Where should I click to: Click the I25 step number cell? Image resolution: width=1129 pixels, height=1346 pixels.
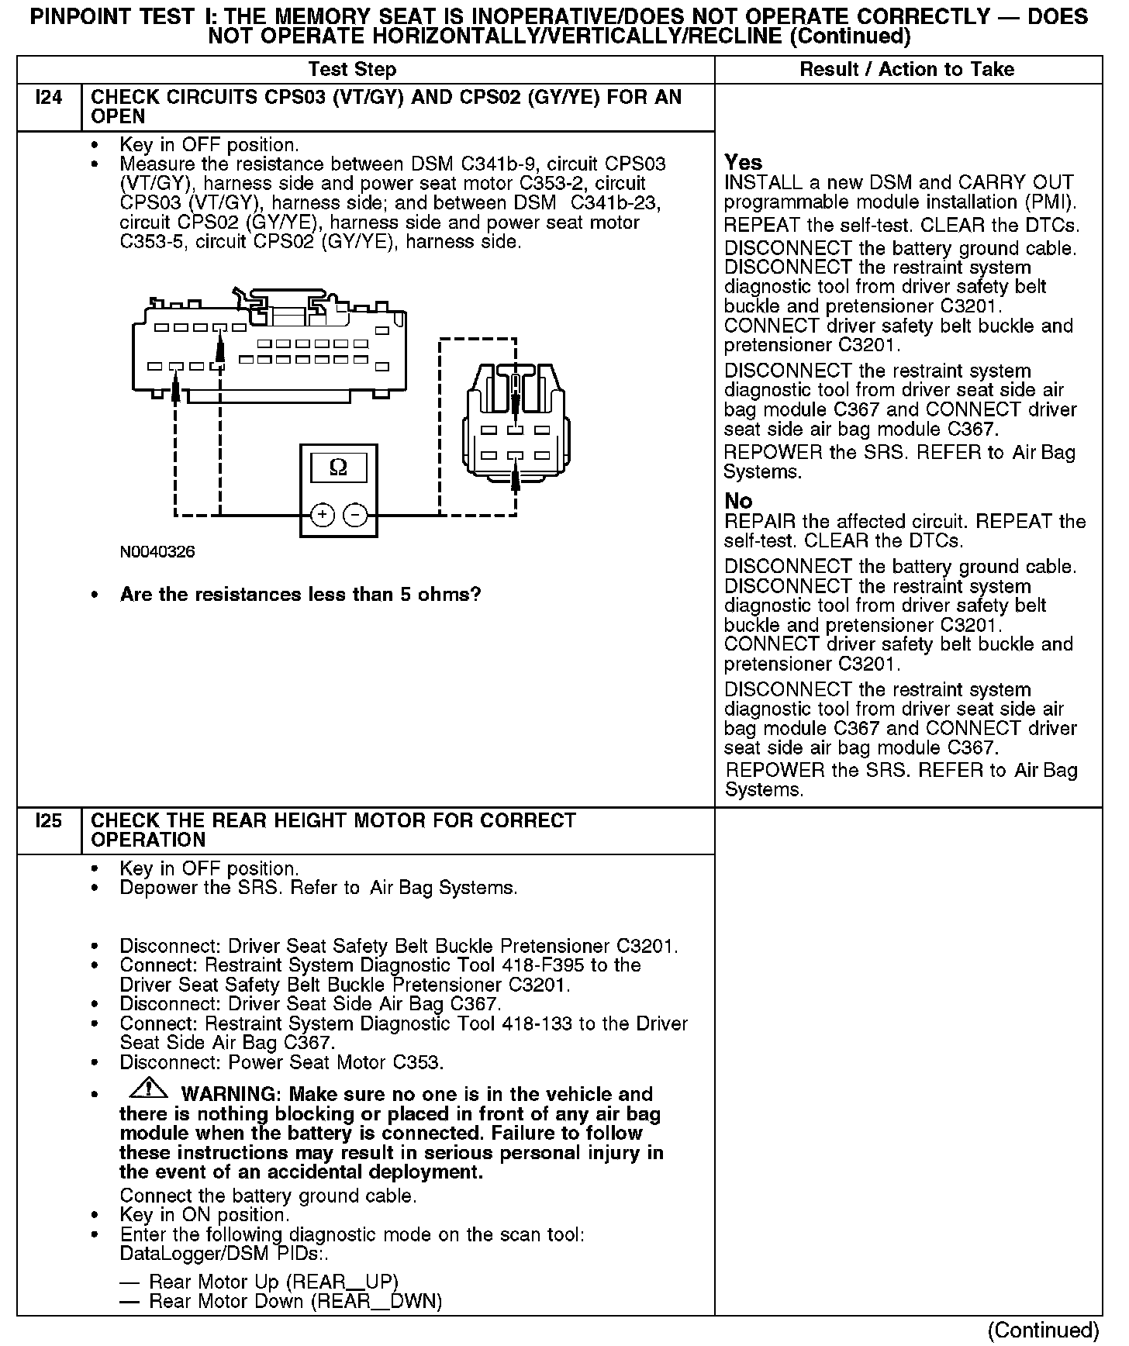(x=48, y=821)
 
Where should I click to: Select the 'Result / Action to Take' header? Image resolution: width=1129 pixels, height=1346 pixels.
(x=906, y=69)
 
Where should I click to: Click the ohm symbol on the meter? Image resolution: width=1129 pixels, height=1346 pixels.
(x=338, y=468)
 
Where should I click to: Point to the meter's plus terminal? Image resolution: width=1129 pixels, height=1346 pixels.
(x=323, y=515)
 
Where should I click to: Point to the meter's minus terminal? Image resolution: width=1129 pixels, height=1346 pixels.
(x=355, y=515)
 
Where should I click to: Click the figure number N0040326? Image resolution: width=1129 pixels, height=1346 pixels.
(x=157, y=552)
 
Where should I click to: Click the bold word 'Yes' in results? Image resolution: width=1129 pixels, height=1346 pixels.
(x=743, y=163)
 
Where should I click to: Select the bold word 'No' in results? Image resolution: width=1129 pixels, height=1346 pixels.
(x=738, y=501)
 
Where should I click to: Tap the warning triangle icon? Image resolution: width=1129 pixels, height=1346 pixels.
(x=148, y=1089)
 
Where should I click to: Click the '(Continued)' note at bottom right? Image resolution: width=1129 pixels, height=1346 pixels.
(x=1043, y=1330)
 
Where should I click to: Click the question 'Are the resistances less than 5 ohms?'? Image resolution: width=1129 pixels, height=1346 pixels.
(x=300, y=595)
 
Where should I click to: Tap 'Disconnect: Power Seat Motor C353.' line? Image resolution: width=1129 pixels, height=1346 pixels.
(x=281, y=1062)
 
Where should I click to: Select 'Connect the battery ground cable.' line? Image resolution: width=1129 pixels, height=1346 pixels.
(x=268, y=1196)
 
